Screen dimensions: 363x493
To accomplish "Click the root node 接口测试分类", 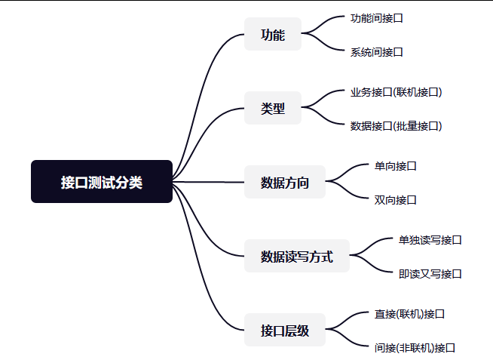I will [x=102, y=182].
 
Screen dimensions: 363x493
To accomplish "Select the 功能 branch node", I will [x=273, y=35].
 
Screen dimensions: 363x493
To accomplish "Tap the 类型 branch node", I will [x=273, y=108].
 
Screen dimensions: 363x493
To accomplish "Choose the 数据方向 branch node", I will [x=285, y=182].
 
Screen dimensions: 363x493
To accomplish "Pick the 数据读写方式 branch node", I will [x=297, y=257].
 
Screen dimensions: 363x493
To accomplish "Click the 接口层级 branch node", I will [x=285, y=330].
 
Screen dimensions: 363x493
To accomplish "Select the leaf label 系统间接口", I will [x=376, y=52].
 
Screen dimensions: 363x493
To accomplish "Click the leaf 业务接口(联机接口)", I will [x=396, y=92].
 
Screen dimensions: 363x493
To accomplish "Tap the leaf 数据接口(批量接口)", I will [x=396, y=126].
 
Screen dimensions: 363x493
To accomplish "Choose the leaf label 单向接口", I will [x=395, y=165].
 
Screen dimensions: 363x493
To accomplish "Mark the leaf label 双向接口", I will [x=395, y=200].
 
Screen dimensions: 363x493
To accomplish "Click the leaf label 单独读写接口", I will [x=430, y=240].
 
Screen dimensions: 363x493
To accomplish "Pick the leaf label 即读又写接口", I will [x=430, y=274].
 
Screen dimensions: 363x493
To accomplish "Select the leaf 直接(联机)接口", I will [x=409, y=313].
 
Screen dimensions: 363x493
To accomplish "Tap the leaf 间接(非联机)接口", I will [x=415, y=348].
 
